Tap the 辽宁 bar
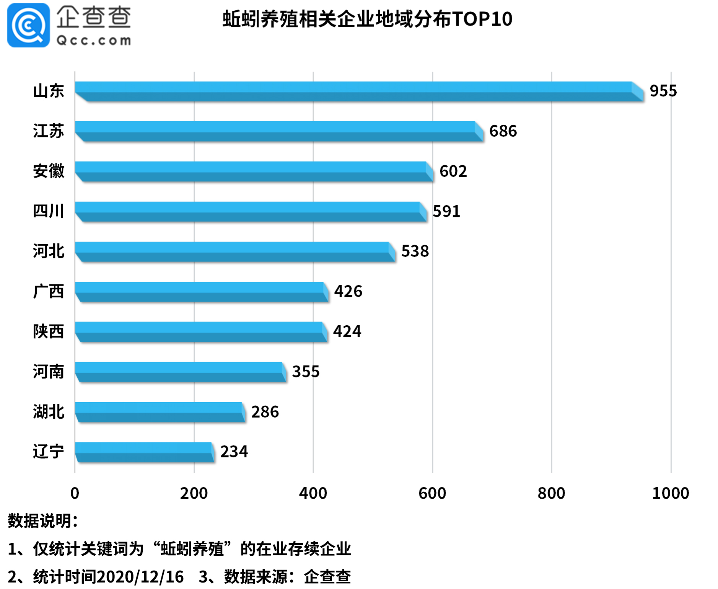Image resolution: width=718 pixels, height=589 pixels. tap(144, 452)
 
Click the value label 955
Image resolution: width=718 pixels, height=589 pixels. tap(663, 91)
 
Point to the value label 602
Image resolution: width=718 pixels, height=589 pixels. tap(453, 171)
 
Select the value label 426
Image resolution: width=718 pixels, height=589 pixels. tap(348, 292)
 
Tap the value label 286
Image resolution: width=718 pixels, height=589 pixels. tap(265, 412)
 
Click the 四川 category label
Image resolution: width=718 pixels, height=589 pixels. tap(48, 211)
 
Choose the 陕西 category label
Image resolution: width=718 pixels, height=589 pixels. tap(48, 331)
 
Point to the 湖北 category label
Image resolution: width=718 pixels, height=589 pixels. tap(48, 412)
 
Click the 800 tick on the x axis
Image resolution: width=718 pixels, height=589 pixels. tap(551, 493)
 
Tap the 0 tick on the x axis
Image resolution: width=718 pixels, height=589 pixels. tap(75, 493)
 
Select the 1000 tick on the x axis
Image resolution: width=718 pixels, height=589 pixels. tap(670, 493)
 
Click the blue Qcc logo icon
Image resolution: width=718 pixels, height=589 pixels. tap(29, 25)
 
